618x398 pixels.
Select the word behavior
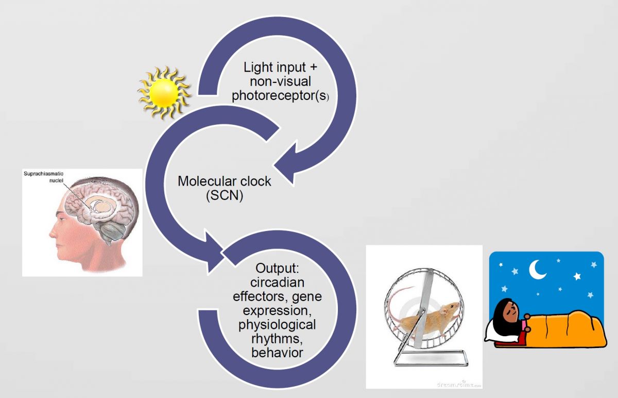pos(277,353)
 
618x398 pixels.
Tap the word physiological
pos(277,325)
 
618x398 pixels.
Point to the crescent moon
pos(538,269)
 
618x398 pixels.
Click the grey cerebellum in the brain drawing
pos(113,235)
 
